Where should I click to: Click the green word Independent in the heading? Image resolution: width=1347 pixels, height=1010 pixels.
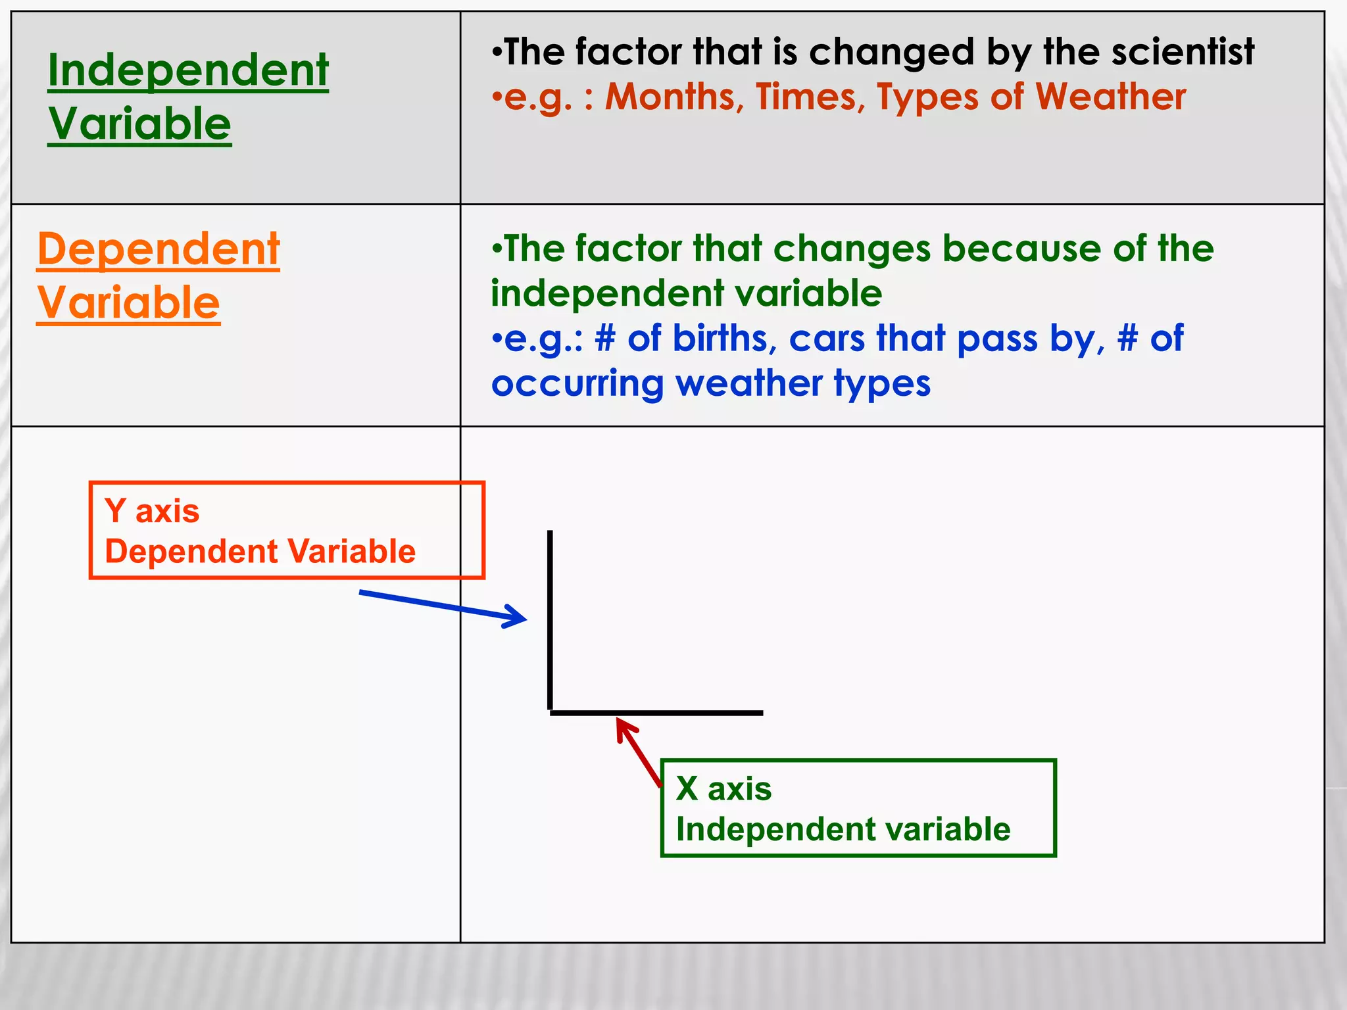[188, 70]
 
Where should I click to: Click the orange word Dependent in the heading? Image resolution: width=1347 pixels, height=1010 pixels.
[159, 250]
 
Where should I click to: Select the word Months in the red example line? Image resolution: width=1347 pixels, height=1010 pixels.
[673, 97]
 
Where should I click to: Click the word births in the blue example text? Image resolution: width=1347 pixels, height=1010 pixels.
[720, 339]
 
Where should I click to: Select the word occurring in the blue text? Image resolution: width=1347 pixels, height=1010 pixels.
[577, 384]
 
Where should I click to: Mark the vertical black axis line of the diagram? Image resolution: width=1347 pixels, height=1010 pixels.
[550, 618]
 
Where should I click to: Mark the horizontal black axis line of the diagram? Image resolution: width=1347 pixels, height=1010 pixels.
[658, 713]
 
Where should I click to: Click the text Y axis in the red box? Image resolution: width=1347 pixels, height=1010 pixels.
[152, 511]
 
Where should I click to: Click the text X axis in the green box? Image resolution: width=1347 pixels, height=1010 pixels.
[723, 788]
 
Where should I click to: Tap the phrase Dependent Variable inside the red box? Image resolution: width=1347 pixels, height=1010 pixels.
[260, 551]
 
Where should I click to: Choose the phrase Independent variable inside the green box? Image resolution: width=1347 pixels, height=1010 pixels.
[843, 829]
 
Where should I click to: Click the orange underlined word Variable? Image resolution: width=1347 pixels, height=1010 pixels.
[128, 303]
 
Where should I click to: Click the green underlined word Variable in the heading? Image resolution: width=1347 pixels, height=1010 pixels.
[139, 124]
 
